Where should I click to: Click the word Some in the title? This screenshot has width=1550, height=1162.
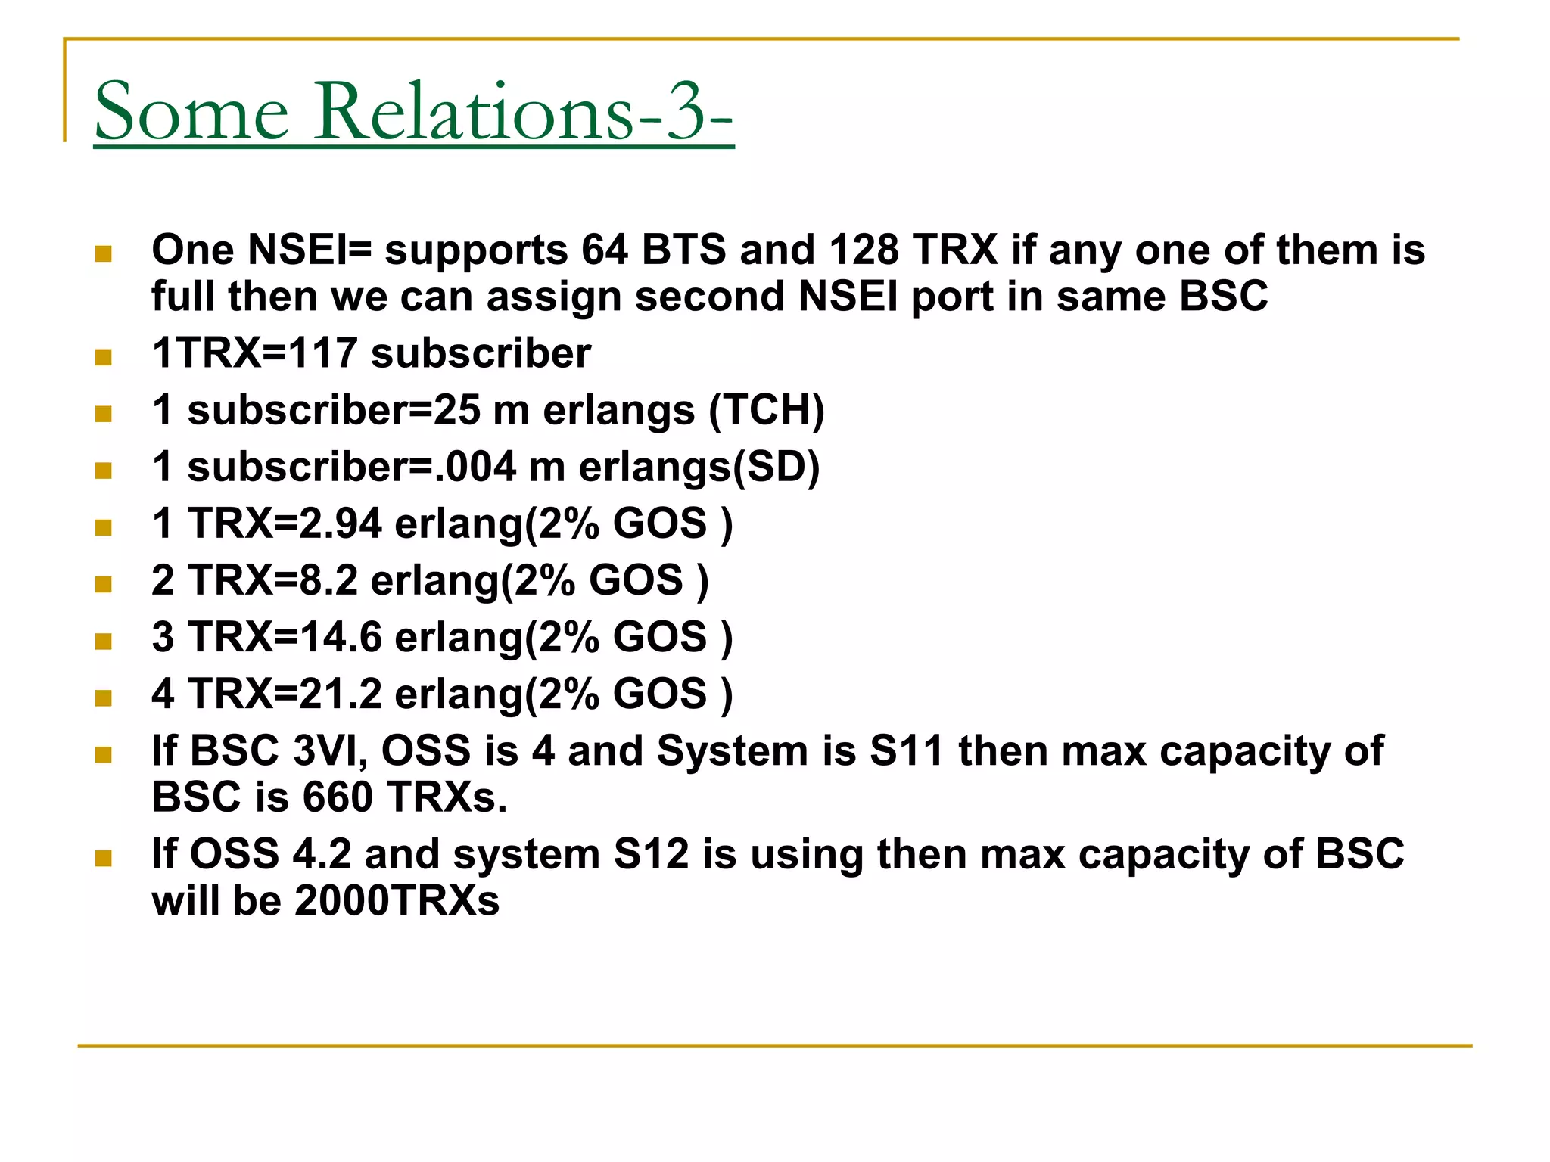(191, 112)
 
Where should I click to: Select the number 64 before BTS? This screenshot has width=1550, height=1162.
(605, 250)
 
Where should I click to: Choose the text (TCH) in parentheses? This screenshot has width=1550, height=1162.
(766, 411)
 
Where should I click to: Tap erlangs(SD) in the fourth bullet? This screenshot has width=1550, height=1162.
(699, 467)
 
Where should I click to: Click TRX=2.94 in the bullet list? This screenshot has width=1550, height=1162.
(285, 524)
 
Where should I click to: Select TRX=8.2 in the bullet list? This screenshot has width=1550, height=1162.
(272, 580)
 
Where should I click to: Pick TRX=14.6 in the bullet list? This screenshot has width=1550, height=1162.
(285, 637)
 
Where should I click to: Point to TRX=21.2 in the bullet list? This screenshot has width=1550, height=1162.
(285, 694)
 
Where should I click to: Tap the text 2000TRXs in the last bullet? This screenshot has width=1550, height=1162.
(397, 900)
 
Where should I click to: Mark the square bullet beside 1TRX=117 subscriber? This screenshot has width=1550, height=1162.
(104, 356)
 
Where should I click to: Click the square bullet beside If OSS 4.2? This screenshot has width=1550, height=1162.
(104, 858)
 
